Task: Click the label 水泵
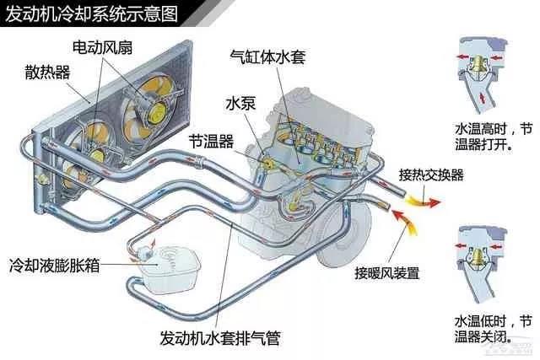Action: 239,104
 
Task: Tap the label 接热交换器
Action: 431,175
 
